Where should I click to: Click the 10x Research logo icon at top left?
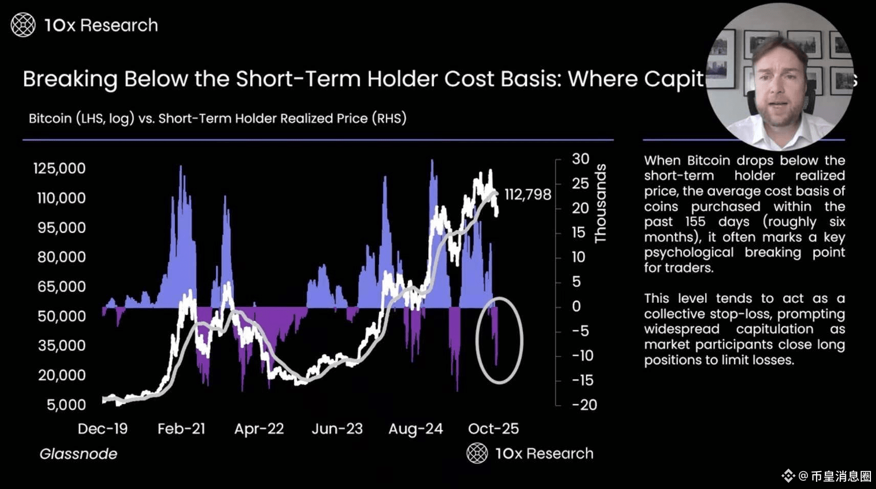[x=23, y=25]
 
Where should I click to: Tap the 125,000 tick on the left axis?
[x=59, y=168]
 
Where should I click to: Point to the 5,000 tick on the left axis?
[x=66, y=405]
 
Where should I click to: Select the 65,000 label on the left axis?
[x=61, y=286]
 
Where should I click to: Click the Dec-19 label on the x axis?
[x=102, y=429]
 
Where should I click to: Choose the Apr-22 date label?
[x=259, y=429]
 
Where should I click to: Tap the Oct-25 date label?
[x=493, y=429]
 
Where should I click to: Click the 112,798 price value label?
[x=528, y=194]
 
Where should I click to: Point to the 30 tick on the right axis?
[x=580, y=159]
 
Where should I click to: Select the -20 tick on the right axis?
[x=584, y=405]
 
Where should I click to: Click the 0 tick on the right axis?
[x=577, y=306]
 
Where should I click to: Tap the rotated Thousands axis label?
[x=600, y=203]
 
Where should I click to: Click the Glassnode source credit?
[x=78, y=454]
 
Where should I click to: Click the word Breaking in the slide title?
[x=70, y=79]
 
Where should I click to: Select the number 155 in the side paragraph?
[x=695, y=221]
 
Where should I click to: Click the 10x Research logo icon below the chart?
[x=477, y=453]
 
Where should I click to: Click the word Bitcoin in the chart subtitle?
[x=50, y=118]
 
